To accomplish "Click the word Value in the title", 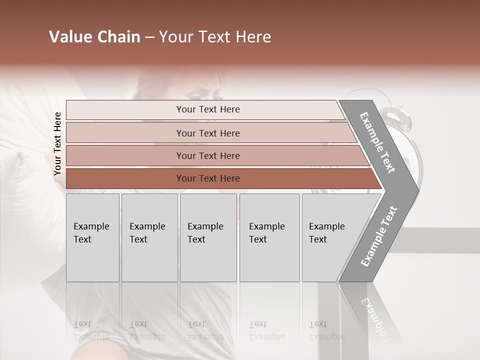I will coord(69,37).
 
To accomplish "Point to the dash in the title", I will coord(149,37).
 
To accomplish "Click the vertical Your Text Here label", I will coord(57,143).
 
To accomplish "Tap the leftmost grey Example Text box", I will coord(92,237).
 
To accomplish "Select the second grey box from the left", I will coord(149,237).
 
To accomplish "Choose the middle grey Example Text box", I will coord(208,237).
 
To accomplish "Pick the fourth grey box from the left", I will coord(269,237).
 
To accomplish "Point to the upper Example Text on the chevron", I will coord(377,142).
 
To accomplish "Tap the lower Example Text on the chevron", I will coord(379,236).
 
